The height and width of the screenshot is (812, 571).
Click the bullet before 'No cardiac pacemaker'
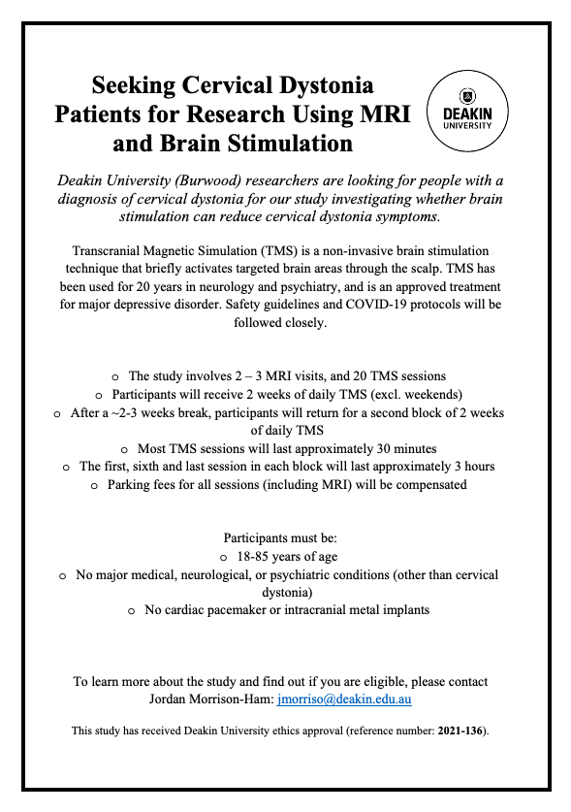[133, 611]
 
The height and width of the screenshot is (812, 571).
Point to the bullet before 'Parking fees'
[95, 485]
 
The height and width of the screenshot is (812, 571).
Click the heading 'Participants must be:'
[285, 537]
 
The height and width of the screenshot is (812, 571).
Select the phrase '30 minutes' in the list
[404, 448]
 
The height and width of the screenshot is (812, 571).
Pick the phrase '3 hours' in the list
[471, 467]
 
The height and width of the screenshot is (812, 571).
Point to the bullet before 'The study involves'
[116, 375]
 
